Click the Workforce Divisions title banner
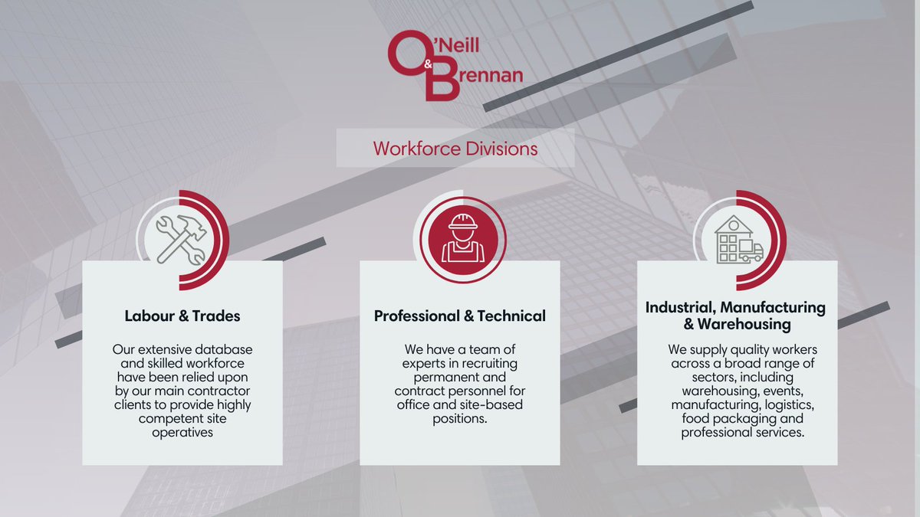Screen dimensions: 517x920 (x=455, y=148)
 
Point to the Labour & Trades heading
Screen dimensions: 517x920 (x=182, y=316)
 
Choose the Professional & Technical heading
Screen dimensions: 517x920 (x=460, y=316)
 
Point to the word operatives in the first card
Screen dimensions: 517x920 (x=182, y=432)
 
